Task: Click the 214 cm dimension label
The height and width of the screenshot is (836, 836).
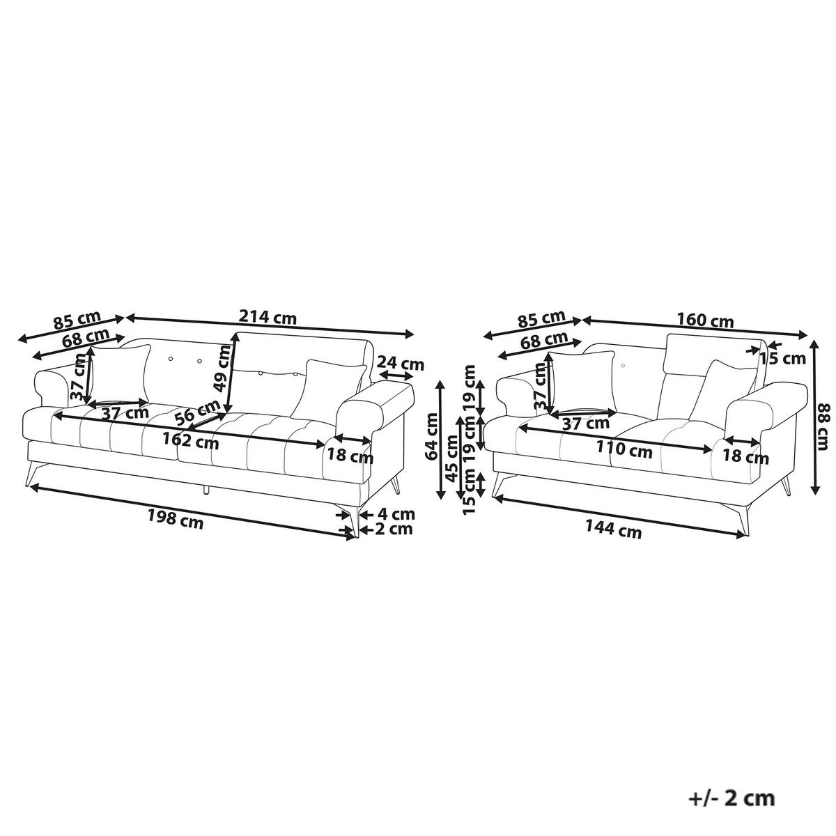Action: [x=268, y=318]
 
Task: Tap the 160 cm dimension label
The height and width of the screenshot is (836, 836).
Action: [x=705, y=321]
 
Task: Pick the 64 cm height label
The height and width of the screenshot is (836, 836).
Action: [x=432, y=436]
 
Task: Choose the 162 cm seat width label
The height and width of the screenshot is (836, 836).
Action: [x=190, y=441]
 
